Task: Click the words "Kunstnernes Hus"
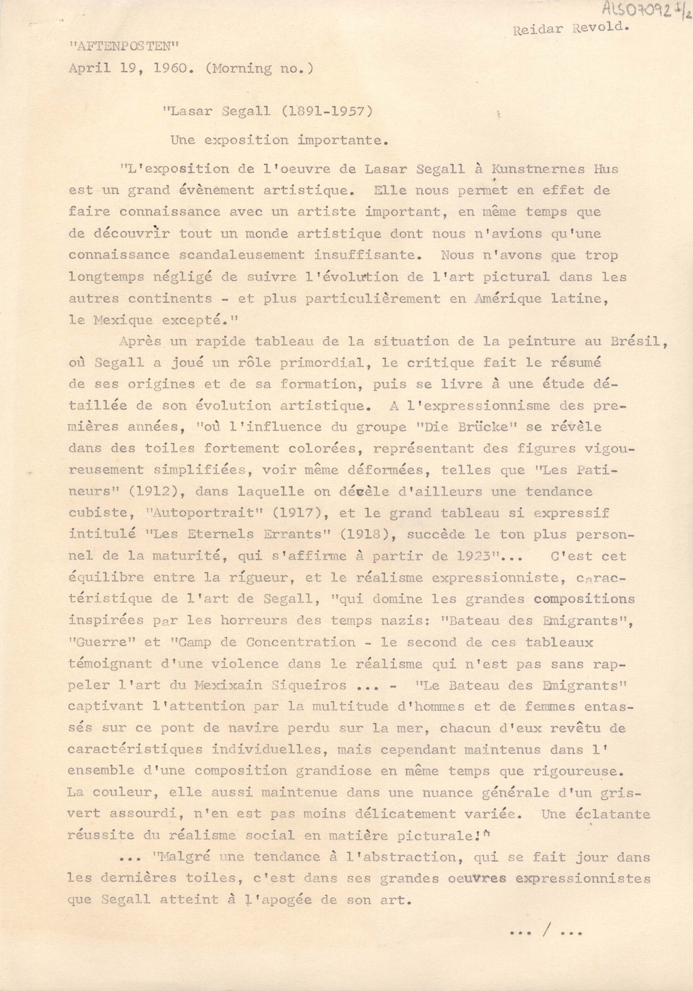tap(554, 169)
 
